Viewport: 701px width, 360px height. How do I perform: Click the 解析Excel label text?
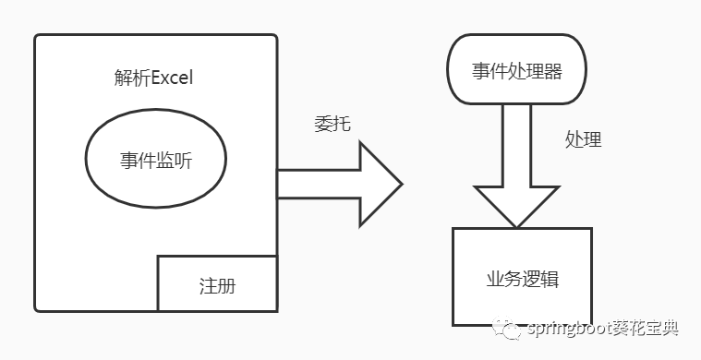point(153,78)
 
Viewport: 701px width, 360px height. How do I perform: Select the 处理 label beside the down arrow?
point(583,139)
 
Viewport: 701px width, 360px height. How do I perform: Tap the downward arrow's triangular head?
point(516,205)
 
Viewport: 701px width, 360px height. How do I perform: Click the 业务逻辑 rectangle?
point(521,277)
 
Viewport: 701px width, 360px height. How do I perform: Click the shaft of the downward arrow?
point(516,143)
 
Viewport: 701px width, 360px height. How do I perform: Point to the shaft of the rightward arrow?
point(319,184)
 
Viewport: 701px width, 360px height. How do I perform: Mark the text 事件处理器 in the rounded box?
point(516,70)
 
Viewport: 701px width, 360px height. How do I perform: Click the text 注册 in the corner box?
point(217,285)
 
